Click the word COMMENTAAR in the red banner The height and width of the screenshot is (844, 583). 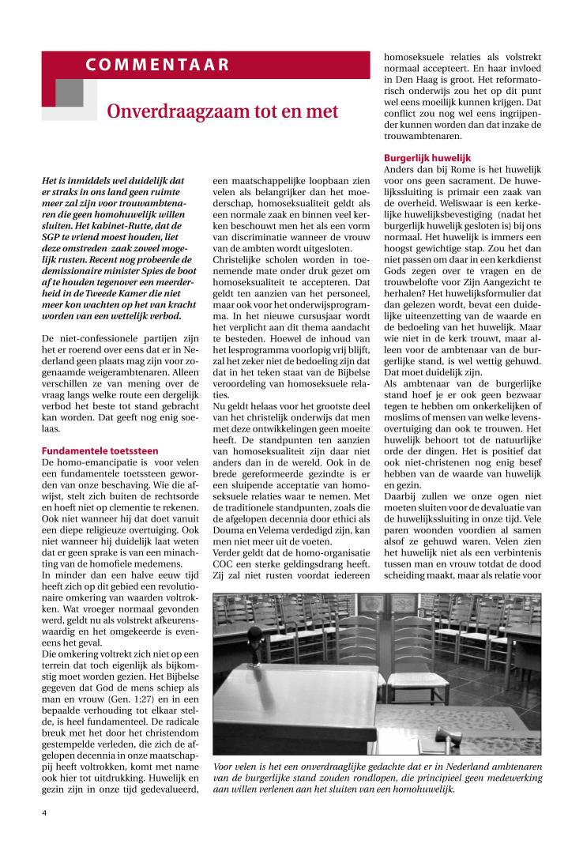click(158, 65)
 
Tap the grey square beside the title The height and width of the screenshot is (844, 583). click(70, 93)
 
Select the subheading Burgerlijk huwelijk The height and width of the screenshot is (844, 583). click(427, 158)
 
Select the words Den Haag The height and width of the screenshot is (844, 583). click(416, 80)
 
